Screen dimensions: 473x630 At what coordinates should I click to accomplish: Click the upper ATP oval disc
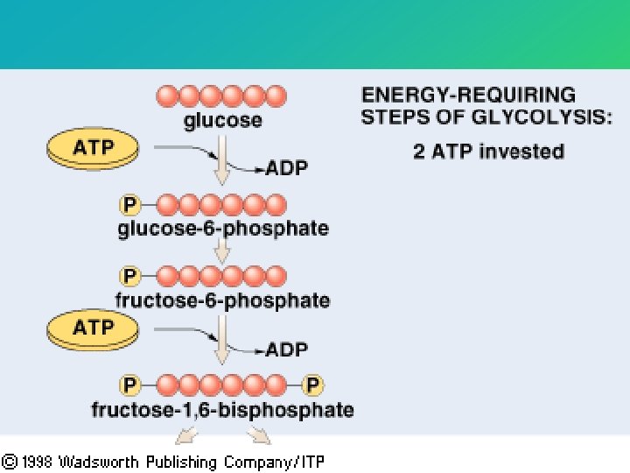coord(94,149)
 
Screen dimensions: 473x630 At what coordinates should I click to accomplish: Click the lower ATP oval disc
coord(94,330)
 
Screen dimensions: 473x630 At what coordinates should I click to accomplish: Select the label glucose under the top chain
coord(222,121)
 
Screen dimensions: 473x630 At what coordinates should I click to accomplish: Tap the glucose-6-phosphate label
coord(223,229)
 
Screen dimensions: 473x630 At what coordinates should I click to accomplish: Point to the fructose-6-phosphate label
coord(222,301)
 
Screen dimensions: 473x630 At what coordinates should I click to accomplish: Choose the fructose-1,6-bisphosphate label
coord(222,410)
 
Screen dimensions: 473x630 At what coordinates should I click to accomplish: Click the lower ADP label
coord(287,349)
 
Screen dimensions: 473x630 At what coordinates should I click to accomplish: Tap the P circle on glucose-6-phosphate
coord(129,205)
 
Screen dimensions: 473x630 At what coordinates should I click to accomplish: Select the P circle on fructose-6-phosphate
coord(129,277)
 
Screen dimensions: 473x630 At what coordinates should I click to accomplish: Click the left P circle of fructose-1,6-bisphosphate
coord(129,385)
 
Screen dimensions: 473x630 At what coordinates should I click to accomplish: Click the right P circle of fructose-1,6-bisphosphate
coord(312,385)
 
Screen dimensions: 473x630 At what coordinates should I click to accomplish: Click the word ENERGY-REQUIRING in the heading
coord(469,95)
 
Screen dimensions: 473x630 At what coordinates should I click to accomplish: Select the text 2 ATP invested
coord(488,152)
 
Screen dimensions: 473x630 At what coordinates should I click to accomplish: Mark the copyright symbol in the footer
coord(10,461)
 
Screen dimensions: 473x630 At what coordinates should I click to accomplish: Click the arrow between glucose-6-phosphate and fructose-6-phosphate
coord(222,252)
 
